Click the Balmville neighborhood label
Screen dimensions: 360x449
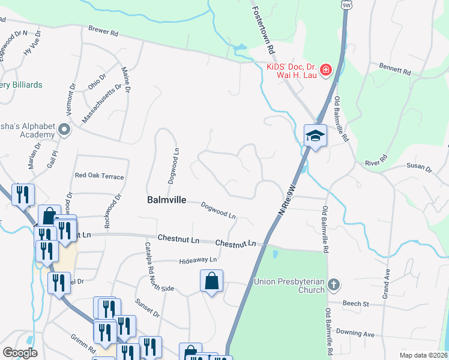[x=166, y=200]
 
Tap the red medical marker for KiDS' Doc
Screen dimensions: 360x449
[x=326, y=70]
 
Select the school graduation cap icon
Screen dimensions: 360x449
[x=315, y=136]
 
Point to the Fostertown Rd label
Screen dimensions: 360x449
[x=263, y=28]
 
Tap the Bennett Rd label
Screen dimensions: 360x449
[x=394, y=68]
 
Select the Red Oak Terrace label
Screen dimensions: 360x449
[x=99, y=176]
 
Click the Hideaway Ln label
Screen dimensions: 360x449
[x=197, y=260]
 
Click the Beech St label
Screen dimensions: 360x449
[x=355, y=304]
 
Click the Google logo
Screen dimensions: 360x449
[x=20, y=353]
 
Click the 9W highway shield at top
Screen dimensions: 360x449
[x=346, y=4]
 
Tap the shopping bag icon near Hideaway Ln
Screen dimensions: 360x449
[x=211, y=281]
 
